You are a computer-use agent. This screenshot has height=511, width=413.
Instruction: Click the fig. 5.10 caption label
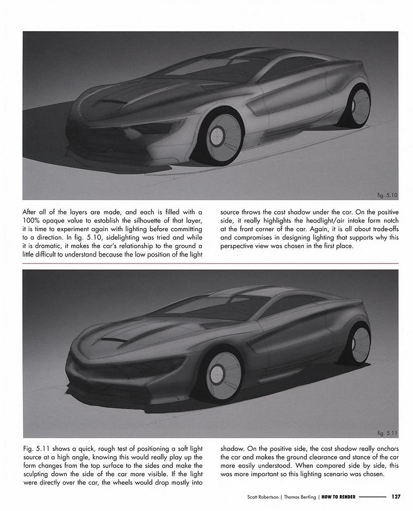point(387,195)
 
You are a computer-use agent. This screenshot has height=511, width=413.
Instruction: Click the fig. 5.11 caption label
point(387,433)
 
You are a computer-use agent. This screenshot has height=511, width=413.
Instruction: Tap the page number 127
point(396,497)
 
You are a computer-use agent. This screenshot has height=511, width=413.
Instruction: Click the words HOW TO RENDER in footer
point(338,497)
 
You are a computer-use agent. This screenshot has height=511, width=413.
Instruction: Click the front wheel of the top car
point(219,135)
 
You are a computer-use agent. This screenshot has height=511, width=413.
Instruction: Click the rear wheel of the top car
point(358,106)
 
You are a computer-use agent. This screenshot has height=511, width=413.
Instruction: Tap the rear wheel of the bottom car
point(359,344)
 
